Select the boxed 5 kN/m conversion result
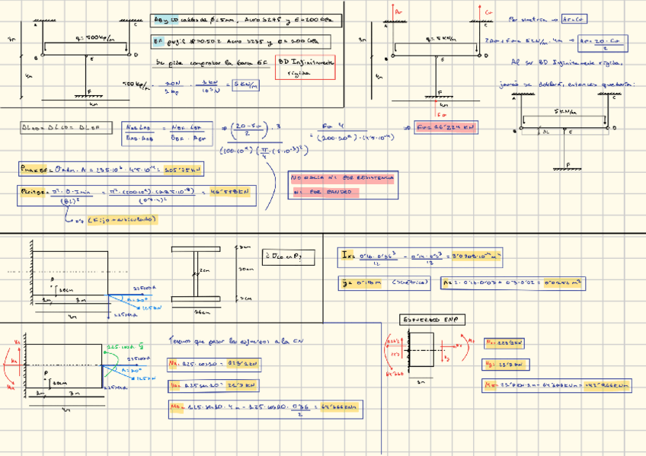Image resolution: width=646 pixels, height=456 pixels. (246, 85)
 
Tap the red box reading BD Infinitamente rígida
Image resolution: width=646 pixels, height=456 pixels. (305, 69)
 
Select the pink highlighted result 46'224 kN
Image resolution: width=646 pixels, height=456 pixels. (446, 128)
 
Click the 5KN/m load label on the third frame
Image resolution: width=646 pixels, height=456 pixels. (564, 111)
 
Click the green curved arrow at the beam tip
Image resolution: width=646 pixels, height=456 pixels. (117, 372)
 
